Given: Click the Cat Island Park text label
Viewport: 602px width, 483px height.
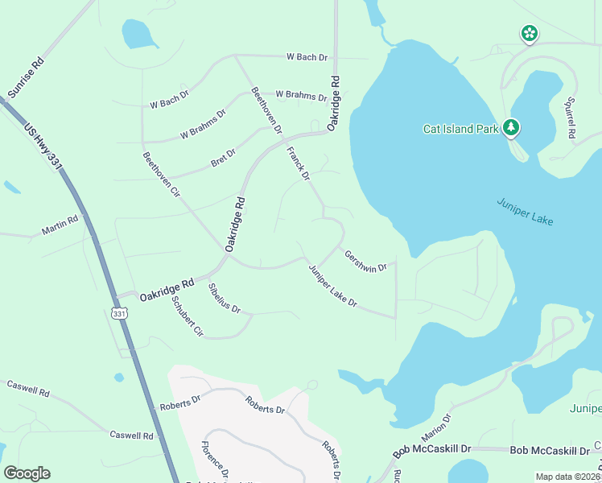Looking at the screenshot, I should tap(461, 129).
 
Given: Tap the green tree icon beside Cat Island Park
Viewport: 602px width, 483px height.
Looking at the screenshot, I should tap(510, 127).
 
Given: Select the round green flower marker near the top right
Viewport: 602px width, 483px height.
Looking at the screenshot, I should tap(530, 33).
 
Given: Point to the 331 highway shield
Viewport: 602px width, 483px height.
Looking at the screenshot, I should tap(119, 313).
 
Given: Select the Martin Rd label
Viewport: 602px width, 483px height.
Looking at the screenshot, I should tap(60, 225).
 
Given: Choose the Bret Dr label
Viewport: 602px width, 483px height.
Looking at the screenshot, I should tap(223, 158).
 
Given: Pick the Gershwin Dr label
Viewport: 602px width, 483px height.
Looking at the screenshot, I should tap(365, 261).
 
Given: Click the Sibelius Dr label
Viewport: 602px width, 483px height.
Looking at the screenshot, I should tap(225, 298).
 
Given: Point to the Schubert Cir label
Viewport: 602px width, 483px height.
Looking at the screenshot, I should tap(187, 316).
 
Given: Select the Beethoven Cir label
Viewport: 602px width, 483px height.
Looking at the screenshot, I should tap(161, 175).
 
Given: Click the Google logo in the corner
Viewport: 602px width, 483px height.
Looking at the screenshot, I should tap(27, 473).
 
